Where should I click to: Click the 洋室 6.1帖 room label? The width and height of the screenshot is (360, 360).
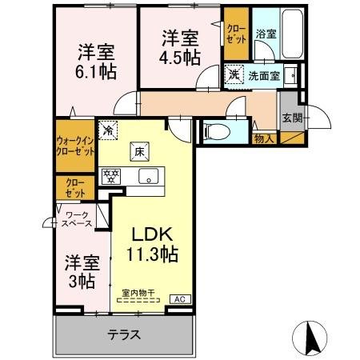[94, 61]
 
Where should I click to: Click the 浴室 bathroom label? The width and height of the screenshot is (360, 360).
[265, 34]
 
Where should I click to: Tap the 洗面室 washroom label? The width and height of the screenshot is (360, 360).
[261, 77]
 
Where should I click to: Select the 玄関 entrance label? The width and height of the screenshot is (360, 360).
[290, 117]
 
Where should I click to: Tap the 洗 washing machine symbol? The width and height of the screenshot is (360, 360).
[234, 75]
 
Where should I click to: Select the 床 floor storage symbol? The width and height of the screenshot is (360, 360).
[137, 148]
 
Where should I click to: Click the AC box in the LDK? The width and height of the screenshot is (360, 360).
[181, 299]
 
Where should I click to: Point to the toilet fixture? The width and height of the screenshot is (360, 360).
[217, 130]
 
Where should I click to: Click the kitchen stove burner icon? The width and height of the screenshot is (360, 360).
[110, 175]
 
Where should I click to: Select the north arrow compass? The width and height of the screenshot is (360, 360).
[313, 336]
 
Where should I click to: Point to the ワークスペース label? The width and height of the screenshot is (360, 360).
[78, 218]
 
